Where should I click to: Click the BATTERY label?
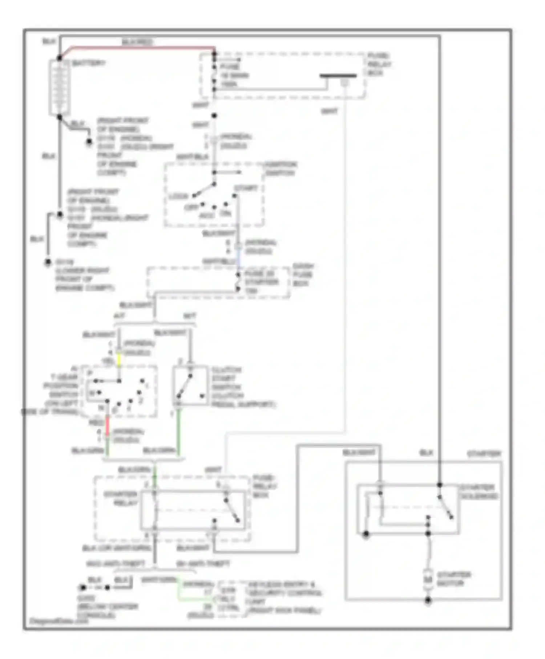[x=88, y=63]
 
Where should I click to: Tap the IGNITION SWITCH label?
[x=280, y=169]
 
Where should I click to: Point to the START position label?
[x=246, y=188]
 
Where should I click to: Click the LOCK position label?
[x=179, y=197]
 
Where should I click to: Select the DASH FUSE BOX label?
[x=302, y=275]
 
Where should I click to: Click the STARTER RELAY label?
[x=121, y=498]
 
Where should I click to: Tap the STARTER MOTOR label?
[x=454, y=579]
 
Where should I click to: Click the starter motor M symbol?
[x=428, y=579]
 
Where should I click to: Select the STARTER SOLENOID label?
[x=479, y=492]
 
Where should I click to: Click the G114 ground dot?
[x=48, y=262]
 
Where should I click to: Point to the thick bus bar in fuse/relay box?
[x=338, y=76]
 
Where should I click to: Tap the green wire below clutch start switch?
[x=178, y=432]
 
